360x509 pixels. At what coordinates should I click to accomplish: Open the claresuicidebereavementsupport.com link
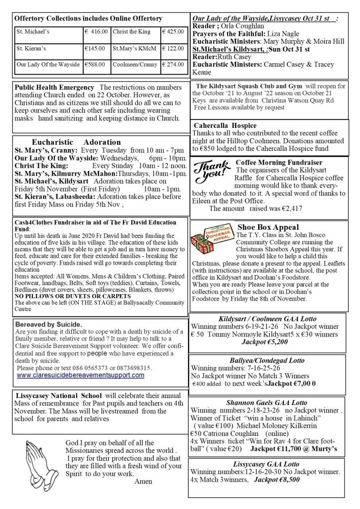tap(81, 376)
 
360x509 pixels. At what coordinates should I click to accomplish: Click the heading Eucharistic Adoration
tap(76, 142)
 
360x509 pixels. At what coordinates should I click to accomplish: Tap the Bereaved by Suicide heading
tap(49, 324)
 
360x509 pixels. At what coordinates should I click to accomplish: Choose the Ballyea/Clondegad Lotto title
tap(267, 360)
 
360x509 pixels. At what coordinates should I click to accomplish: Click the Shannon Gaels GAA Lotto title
tap(267, 402)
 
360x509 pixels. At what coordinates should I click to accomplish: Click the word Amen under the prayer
tap(143, 482)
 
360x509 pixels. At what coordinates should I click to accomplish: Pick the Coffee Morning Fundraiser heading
tap(279, 162)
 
